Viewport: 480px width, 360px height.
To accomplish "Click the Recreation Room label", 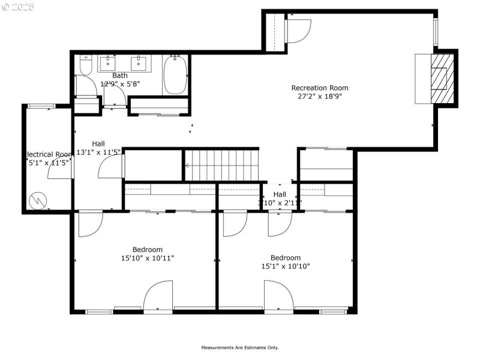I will click(x=319, y=88).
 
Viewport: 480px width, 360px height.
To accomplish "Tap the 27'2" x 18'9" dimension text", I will click(x=319, y=96).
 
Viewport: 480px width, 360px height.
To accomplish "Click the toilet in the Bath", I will click(x=85, y=65).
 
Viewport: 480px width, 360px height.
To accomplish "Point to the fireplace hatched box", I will click(x=441, y=77).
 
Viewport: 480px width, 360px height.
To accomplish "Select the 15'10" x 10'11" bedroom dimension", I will click(x=147, y=258).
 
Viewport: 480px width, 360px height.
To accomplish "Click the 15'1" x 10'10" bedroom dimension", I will click(x=285, y=266).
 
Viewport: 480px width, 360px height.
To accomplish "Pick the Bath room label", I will click(x=120, y=76).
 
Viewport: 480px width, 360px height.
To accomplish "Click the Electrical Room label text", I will click(x=48, y=154).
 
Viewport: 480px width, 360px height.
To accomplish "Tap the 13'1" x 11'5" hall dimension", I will click(x=99, y=152).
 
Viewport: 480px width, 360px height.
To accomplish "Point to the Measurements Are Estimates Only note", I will click(x=239, y=347).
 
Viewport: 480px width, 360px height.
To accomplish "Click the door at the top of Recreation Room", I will click(x=298, y=30).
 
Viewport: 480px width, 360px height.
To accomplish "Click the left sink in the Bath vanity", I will click(x=109, y=62).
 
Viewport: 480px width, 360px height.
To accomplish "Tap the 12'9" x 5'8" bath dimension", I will click(x=120, y=84).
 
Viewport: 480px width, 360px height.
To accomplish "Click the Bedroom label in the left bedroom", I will click(x=147, y=250).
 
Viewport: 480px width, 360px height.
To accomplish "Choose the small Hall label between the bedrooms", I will click(x=280, y=194).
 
